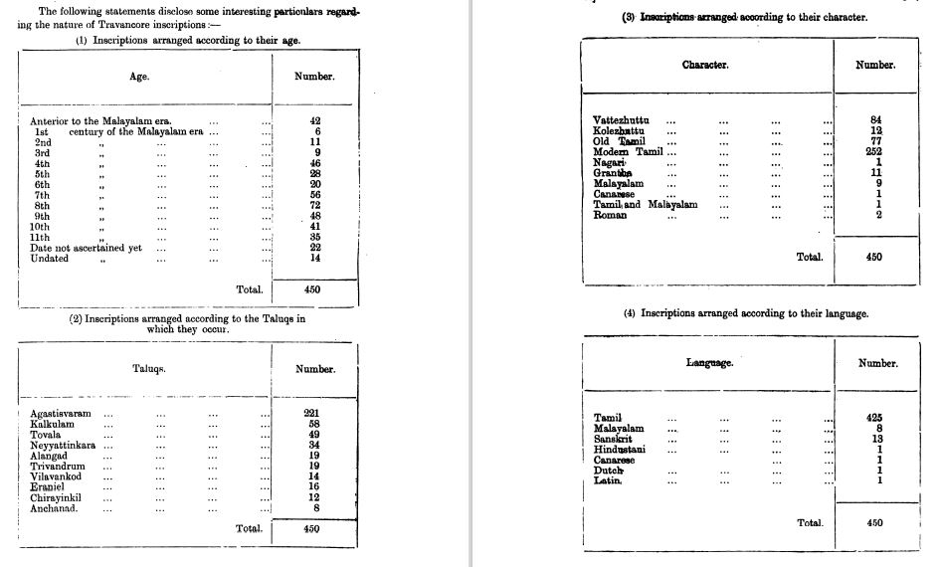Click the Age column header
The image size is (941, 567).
tap(139, 77)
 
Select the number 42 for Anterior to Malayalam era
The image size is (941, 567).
tap(315, 120)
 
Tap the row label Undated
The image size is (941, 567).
tap(50, 259)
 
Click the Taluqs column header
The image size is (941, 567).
tap(149, 369)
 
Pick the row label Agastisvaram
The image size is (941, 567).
tap(61, 413)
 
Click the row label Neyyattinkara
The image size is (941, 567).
tap(64, 445)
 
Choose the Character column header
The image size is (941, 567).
tap(705, 65)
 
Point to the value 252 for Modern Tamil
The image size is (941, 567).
tap(875, 152)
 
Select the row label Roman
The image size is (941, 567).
tap(610, 215)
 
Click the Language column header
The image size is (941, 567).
tap(709, 363)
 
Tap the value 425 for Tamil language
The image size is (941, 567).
tap(875, 418)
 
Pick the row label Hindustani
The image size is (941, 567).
tap(620, 450)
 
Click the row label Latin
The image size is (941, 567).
tap(608, 481)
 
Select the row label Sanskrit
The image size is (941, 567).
tap(614, 439)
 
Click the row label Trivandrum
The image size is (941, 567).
tap(59, 466)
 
